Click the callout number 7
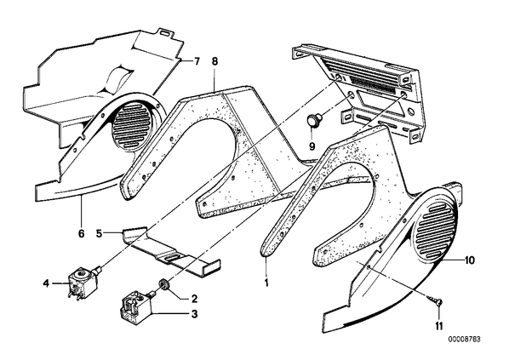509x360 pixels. (197, 61)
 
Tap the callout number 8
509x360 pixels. (214, 61)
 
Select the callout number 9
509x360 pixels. (312, 146)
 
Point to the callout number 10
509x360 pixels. (469, 260)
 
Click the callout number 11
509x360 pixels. (439, 326)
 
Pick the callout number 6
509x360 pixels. (81, 233)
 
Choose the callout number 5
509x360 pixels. (100, 233)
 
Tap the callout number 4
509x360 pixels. (47, 283)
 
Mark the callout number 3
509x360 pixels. (194, 314)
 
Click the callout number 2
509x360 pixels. (194, 298)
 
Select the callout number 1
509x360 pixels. (266, 283)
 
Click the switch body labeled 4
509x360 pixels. (83, 283)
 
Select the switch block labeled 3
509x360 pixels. (135, 305)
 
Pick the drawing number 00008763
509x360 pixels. (464, 340)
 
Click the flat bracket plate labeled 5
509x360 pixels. (171, 252)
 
